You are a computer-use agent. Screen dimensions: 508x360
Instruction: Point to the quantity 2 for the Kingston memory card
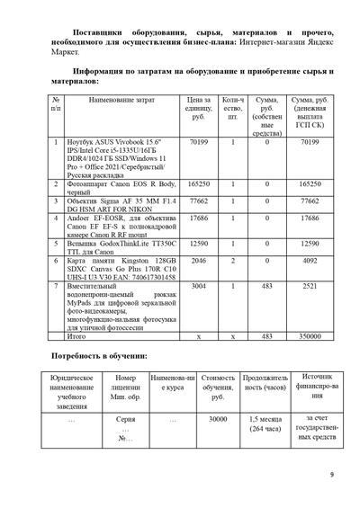pyautogui.click(x=232, y=261)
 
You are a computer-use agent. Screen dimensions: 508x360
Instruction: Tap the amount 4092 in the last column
pyautogui.click(x=310, y=261)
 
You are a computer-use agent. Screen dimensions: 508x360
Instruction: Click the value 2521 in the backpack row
pyautogui.click(x=310, y=287)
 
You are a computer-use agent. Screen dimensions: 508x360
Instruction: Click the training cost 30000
pyautogui.click(x=217, y=419)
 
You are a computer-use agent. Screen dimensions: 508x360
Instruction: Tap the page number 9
pyautogui.click(x=331, y=475)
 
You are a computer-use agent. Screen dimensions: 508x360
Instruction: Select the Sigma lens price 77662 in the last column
pyautogui.click(x=310, y=201)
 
